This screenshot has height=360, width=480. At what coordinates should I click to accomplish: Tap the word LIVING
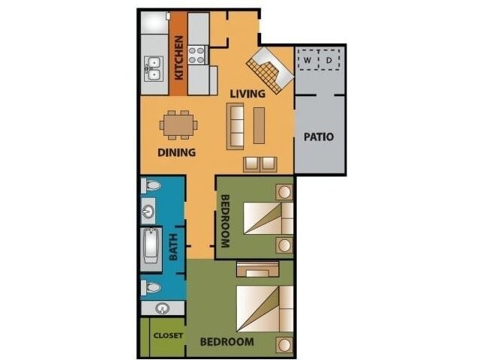pyautogui.click(x=247, y=94)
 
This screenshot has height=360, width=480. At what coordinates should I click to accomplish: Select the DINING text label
pyautogui.click(x=177, y=152)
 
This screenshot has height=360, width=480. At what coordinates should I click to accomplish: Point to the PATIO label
pyautogui.click(x=319, y=137)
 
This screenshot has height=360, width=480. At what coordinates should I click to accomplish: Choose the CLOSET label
pyautogui.click(x=167, y=335)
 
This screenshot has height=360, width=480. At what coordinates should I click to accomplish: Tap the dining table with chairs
pyautogui.click(x=179, y=124)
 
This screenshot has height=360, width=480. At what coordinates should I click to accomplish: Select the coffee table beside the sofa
pyautogui.click(x=259, y=125)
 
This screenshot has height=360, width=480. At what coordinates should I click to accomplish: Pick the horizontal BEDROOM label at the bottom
pyautogui.click(x=226, y=342)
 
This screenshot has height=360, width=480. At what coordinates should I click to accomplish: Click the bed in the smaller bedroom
pyautogui.click(x=265, y=219)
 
